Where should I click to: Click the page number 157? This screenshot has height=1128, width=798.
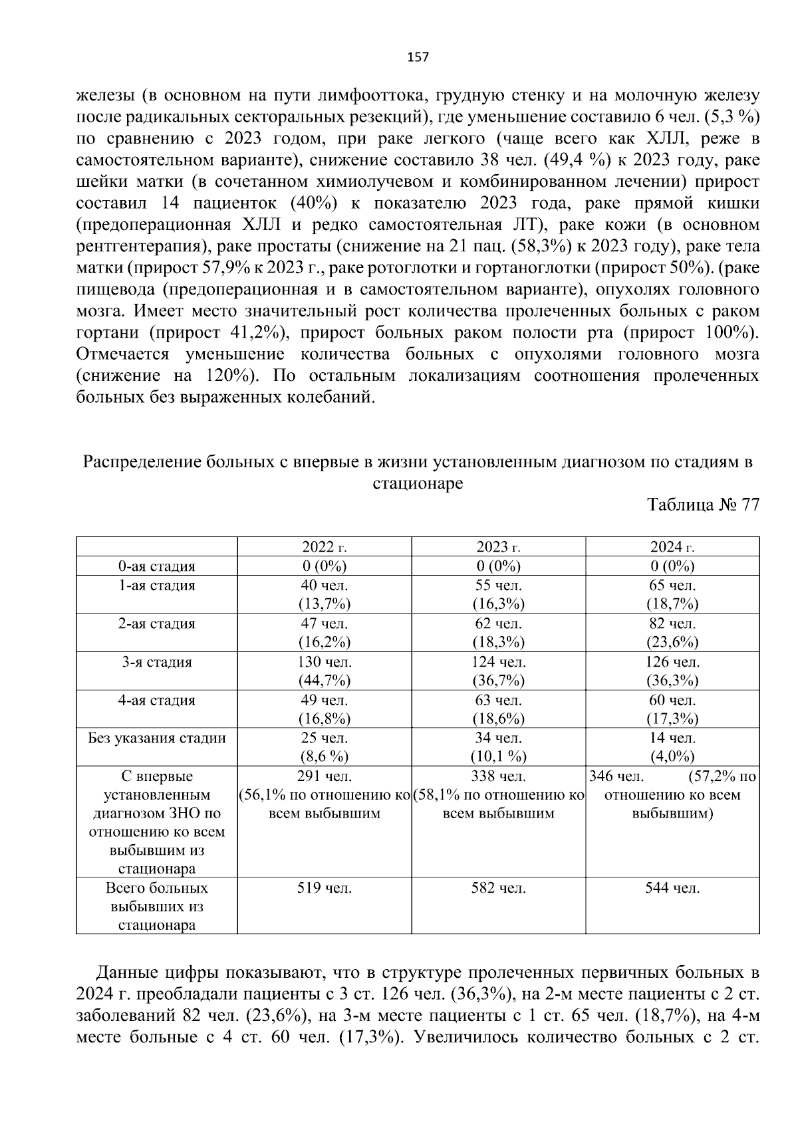(418, 57)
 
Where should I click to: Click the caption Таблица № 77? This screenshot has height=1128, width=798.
(703, 505)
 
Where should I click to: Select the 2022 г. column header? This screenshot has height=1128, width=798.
(325, 547)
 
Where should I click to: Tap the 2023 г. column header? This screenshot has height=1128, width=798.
(498, 547)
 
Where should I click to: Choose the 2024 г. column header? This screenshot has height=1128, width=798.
(672, 547)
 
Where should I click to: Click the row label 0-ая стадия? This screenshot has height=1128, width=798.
(156, 566)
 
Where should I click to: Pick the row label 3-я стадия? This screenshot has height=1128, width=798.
(156, 662)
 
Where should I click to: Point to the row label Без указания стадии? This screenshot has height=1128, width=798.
(156, 738)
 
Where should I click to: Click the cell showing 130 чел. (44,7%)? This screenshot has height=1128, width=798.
(325, 671)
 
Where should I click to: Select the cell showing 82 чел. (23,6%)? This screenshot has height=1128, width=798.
(672, 633)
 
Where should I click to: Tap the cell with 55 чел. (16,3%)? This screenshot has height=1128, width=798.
(498, 595)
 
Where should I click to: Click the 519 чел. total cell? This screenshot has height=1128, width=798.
(325, 888)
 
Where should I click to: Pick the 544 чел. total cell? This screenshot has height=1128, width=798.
(672, 888)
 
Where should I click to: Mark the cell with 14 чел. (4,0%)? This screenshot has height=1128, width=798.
(672, 747)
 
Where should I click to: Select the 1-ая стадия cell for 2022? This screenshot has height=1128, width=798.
(325, 595)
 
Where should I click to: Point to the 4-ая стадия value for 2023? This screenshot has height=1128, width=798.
(498, 709)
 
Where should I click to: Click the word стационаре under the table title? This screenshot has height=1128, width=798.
(418, 484)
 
